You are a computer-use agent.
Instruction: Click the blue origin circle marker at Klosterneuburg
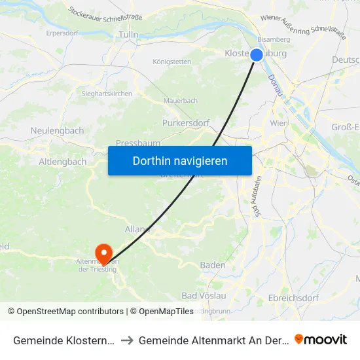point(257,55)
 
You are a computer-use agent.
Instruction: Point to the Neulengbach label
point(57,131)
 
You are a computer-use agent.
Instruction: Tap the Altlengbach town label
point(62,161)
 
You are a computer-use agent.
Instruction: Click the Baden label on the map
point(213,265)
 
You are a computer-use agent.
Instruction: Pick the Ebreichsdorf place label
point(293,298)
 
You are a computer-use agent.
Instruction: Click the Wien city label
point(279,123)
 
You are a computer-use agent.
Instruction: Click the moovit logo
point(321,339)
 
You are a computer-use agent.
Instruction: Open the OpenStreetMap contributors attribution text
point(70,312)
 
